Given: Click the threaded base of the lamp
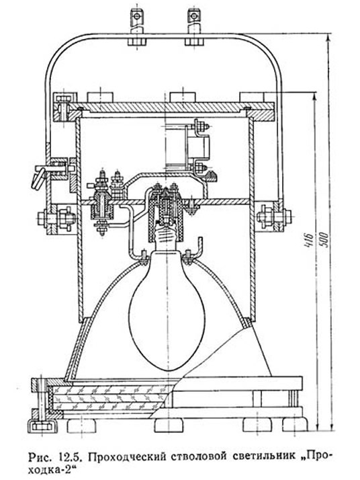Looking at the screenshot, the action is (x=166, y=235).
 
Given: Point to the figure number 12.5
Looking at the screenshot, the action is (x=69, y=456).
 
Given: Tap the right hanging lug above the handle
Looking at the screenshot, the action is (x=193, y=20).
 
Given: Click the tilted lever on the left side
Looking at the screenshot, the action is (x=38, y=176).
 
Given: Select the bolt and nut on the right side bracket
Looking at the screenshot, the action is (x=274, y=215).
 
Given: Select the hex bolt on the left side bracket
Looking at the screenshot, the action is (x=57, y=218).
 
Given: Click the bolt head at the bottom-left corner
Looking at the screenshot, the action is (x=42, y=426).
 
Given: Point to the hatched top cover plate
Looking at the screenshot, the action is (x=171, y=106).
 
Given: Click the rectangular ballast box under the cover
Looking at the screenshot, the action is (x=199, y=148).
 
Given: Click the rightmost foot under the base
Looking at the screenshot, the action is (x=295, y=425).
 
